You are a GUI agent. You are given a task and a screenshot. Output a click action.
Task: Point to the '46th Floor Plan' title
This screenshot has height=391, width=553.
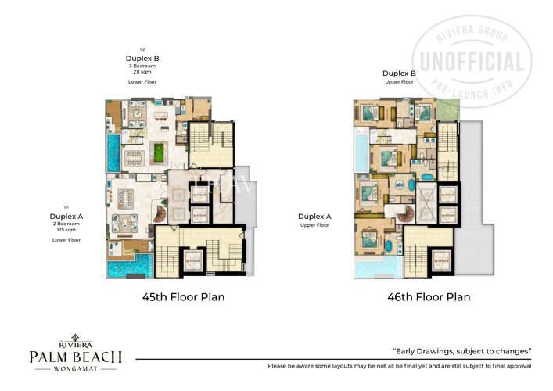pos(429,297)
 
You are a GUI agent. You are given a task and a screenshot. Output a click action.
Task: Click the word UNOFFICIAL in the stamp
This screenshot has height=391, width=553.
pos(472,62)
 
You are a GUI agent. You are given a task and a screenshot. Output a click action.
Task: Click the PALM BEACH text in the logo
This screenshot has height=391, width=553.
pos(75,357)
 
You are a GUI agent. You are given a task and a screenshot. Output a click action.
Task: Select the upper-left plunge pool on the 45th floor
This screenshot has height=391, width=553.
pos(113,153)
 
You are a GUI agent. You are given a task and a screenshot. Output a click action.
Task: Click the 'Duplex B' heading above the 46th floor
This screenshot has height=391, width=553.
pos(399,73)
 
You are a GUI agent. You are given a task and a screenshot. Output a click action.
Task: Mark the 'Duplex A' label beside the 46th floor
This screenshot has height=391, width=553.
pos(314,217)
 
